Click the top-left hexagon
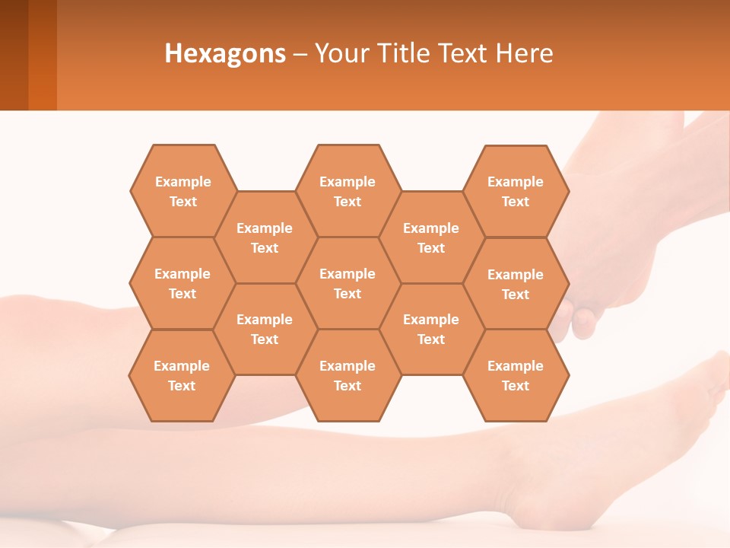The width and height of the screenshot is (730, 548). point(182,191)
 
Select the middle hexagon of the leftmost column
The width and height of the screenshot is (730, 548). point(182,283)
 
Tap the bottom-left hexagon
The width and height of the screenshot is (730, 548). point(182,375)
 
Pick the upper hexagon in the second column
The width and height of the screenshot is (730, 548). point(265,237)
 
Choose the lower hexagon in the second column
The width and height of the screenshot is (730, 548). point(265,329)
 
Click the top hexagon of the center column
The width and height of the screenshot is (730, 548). point(348,191)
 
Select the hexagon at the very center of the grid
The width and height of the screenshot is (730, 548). point(348,283)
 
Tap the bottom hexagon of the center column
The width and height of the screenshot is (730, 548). point(348,375)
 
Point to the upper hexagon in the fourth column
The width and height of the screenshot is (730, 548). point(431,237)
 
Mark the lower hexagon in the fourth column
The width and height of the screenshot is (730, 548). point(431,329)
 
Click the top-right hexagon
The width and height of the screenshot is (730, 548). point(516,191)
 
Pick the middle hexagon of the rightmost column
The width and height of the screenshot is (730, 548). point(516,284)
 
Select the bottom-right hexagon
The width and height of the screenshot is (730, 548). point(516,375)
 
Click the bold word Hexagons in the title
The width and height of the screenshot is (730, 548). point(225,53)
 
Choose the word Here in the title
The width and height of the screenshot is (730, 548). point(525,53)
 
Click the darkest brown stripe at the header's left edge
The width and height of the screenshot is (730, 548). point(14,55)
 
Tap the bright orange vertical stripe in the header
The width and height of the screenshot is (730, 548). point(43,55)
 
